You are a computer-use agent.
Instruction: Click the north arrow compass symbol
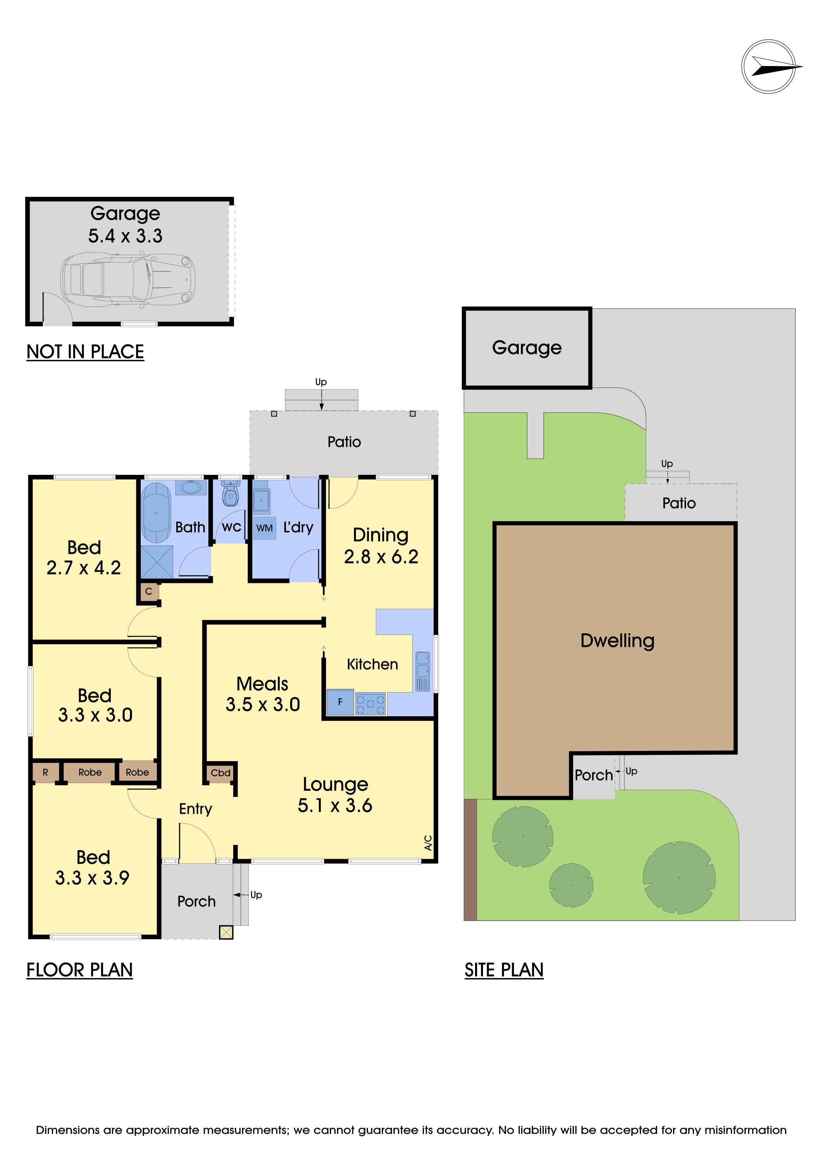pyautogui.click(x=768, y=66)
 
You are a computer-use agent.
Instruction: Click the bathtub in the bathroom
pyautogui.click(x=156, y=513)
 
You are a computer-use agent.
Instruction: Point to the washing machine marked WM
pyautogui.click(x=264, y=528)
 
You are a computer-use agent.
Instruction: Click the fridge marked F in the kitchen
pyautogui.click(x=340, y=702)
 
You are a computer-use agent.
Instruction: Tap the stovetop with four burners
pyautogui.click(x=371, y=704)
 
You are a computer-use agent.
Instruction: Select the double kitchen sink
pyautogui.click(x=423, y=664)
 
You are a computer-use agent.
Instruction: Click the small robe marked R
pyautogui.click(x=45, y=772)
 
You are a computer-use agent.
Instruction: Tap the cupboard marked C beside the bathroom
pyautogui.click(x=149, y=591)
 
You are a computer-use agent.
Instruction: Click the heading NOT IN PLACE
pyautogui.click(x=85, y=352)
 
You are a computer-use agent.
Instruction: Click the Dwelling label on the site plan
pyautogui.click(x=617, y=641)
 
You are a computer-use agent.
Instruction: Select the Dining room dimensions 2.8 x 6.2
pyautogui.click(x=381, y=557)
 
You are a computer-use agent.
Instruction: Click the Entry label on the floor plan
pyautogui.click(x=196, y=809)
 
